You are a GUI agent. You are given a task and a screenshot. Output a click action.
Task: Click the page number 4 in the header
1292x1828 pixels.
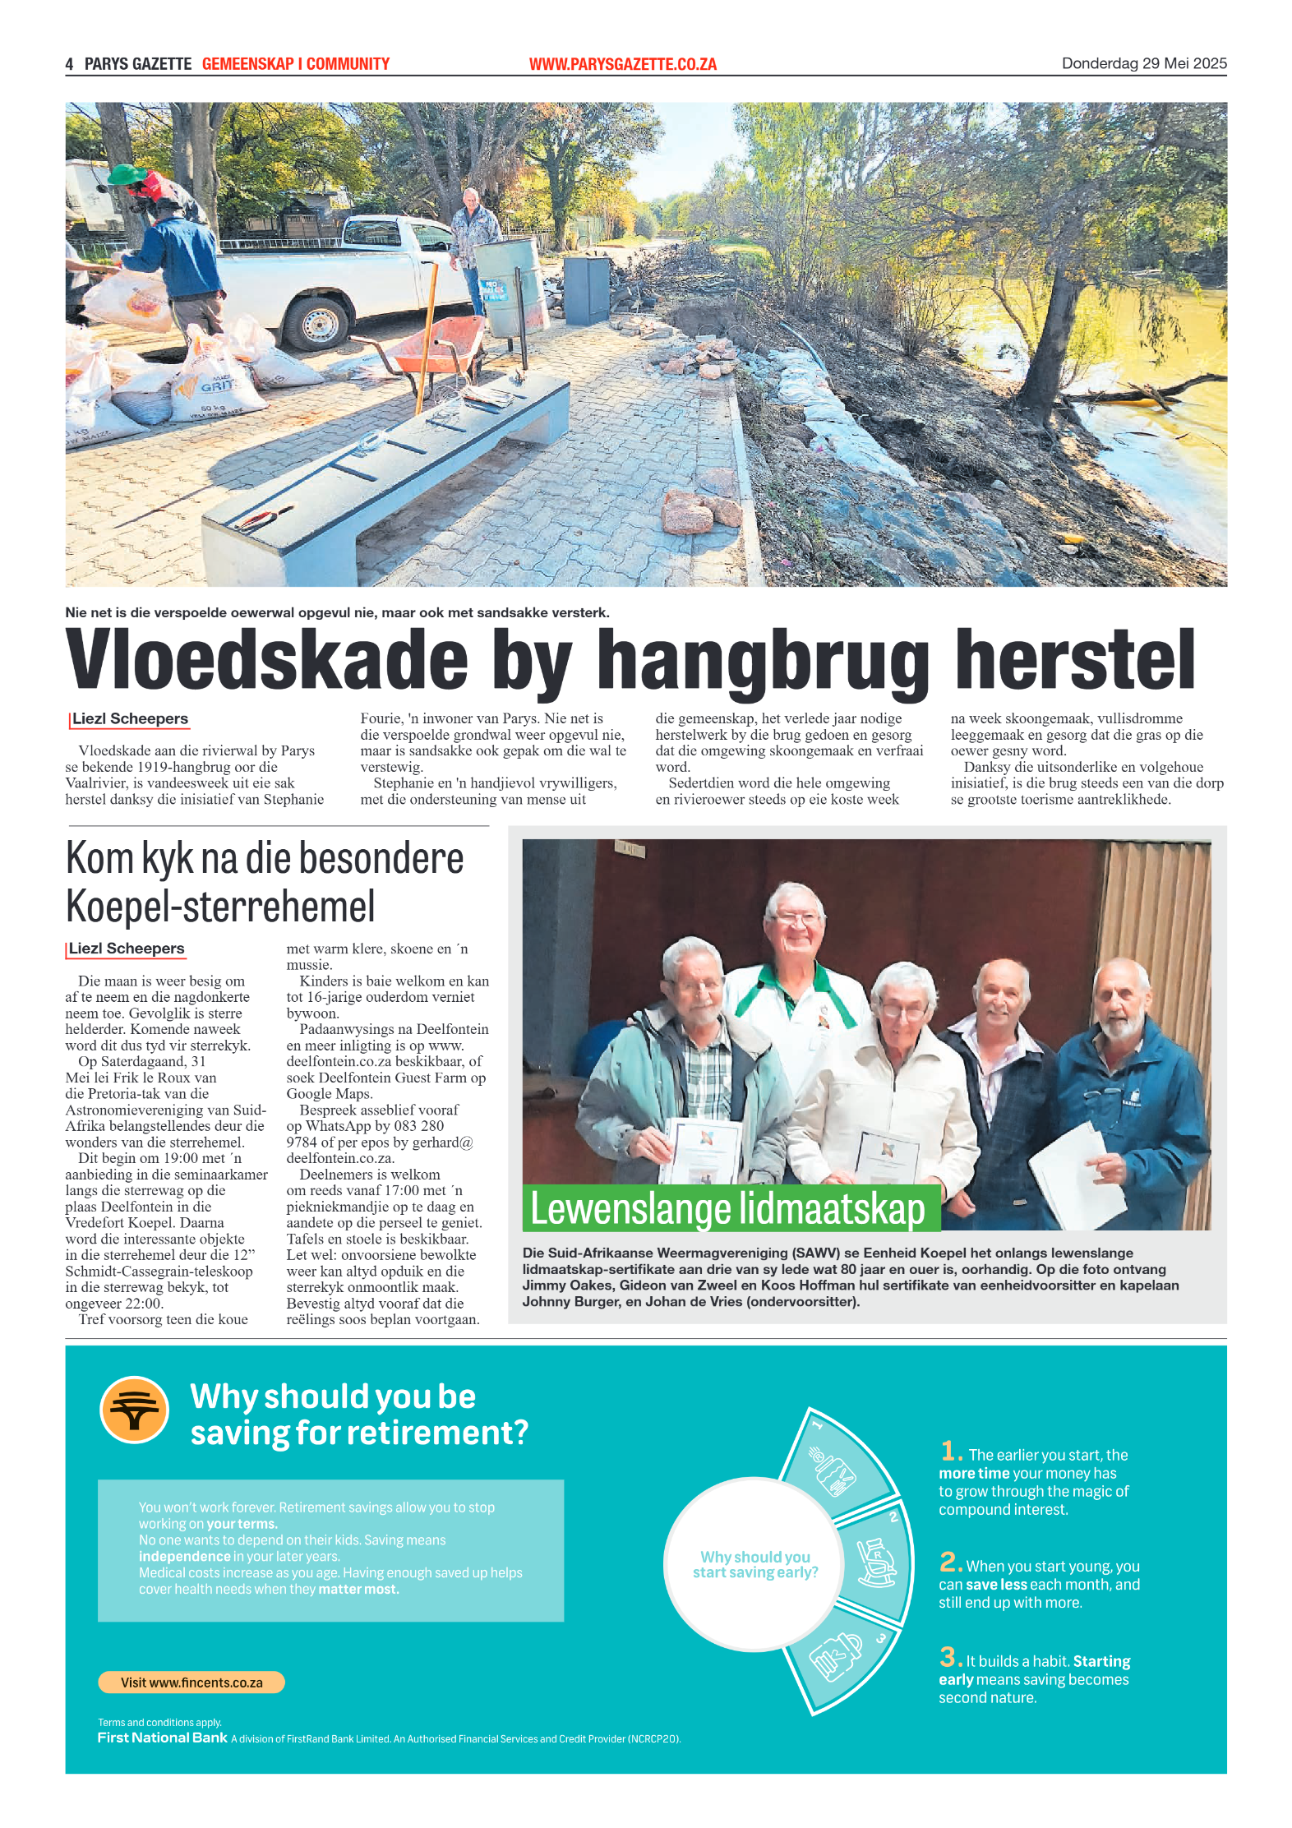point(70,64)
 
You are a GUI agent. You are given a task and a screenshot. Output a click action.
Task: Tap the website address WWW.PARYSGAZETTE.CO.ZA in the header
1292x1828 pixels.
point(622,64)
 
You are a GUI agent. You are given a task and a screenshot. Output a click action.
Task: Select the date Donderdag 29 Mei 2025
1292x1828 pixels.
point(1143,63)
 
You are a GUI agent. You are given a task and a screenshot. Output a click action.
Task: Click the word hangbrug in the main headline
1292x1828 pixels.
point(762,662)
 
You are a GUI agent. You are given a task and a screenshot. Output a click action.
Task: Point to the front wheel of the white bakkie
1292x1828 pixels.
point(318,322)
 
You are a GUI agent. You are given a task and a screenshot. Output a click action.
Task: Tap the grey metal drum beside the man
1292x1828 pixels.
point(510,284)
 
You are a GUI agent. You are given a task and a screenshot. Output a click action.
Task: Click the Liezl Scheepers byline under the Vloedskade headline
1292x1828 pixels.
point(130,719)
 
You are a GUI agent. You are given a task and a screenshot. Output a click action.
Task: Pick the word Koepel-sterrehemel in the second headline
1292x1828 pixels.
point(220,907)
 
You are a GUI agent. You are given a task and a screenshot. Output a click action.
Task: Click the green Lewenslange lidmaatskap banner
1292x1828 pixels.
point(731,1208)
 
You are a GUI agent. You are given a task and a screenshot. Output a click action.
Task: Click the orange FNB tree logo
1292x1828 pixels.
point(134,1410)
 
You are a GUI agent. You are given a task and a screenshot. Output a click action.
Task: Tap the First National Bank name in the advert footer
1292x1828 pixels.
point(162,1738)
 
